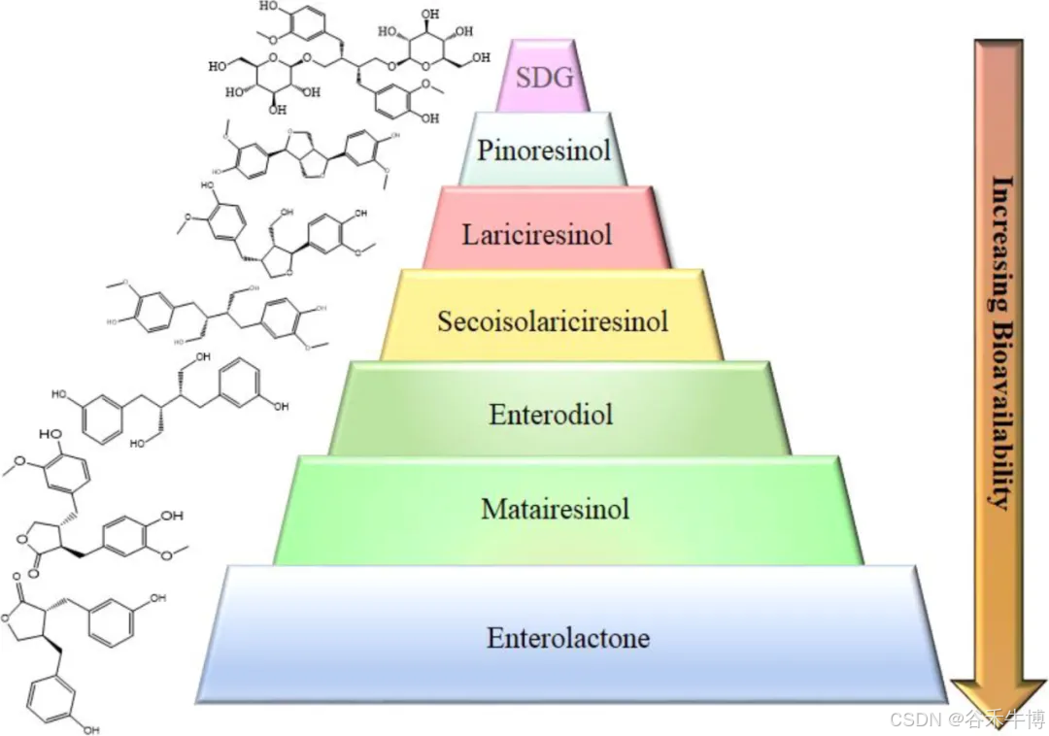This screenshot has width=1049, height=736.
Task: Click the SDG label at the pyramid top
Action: coord(545,79)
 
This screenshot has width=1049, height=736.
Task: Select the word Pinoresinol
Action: coord(544,151)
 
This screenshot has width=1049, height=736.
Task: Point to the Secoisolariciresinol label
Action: coord(553,320)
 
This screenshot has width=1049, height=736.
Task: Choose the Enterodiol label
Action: coord(551,415)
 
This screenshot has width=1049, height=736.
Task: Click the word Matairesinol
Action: coord(555,508)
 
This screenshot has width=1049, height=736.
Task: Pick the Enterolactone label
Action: coord(568,638)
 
